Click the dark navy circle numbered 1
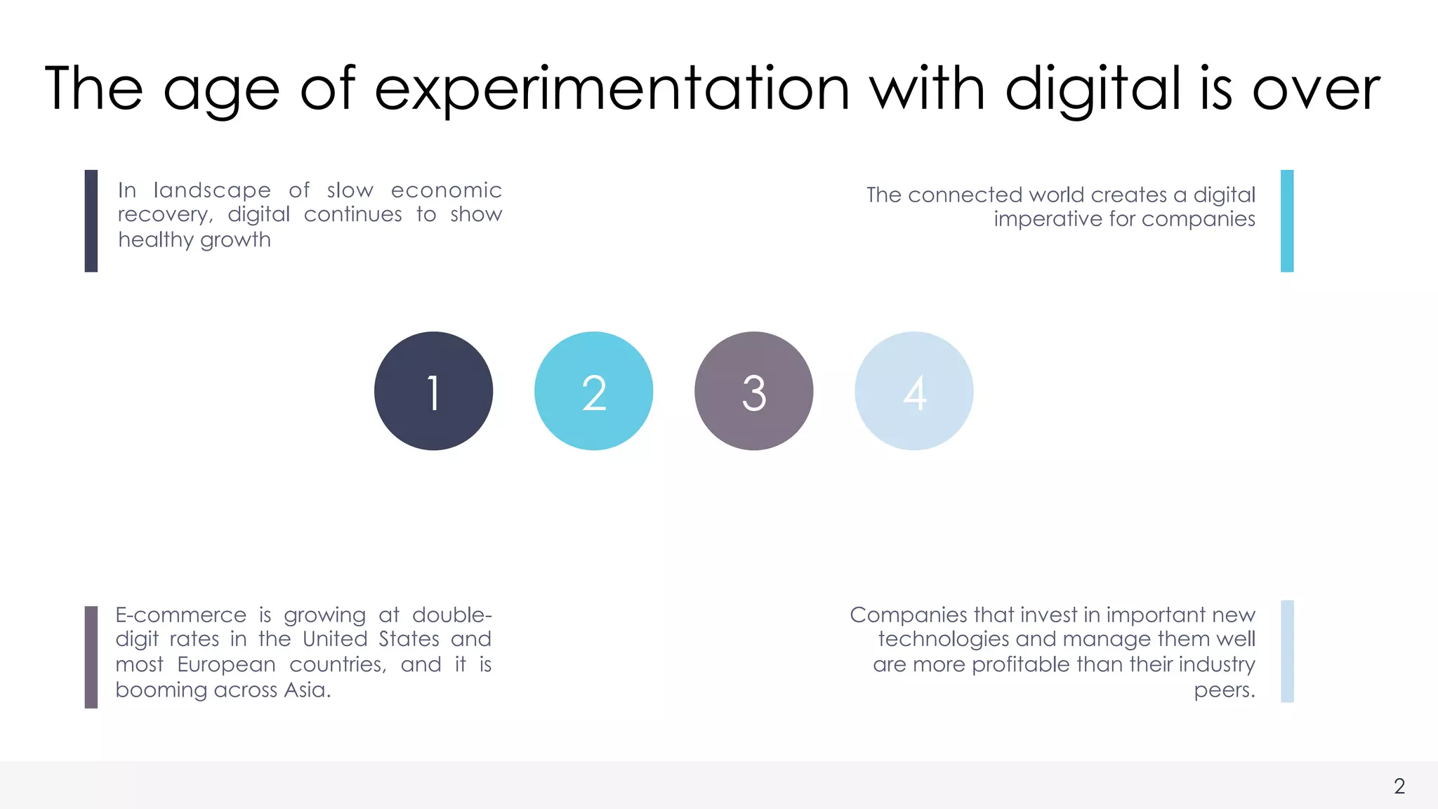click(433, 391)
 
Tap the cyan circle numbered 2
click(593, 391)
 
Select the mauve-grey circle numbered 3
click(753, 391)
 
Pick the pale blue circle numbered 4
click(913, 391)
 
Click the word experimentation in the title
click(612, 89)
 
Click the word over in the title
click(1316, 89)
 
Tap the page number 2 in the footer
click(1399, 786)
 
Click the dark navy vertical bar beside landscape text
click(91, 221)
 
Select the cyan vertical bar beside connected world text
click(1286, 221)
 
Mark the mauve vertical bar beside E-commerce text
click(91, 657)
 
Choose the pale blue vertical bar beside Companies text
click(1286, 651)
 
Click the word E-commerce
click(181, 615)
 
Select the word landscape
click(212, 190)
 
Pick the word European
click(226, 664)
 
